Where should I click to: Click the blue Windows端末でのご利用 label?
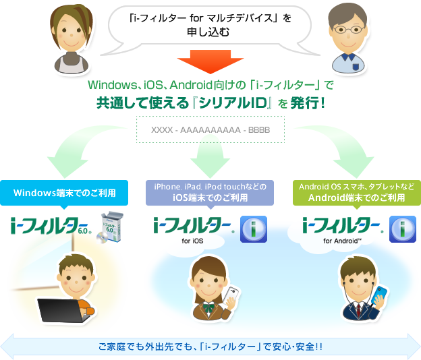tap(64, 193)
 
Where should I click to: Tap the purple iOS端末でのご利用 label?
tap(210, 192)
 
